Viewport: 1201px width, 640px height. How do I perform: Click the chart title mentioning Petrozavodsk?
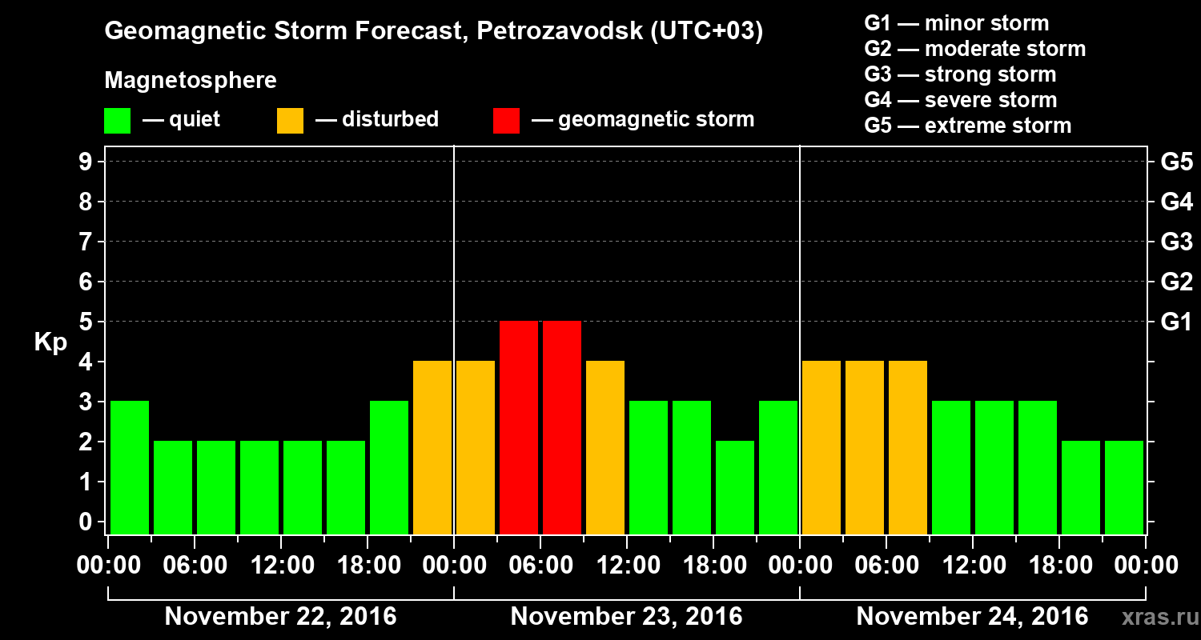[x=433, y=32]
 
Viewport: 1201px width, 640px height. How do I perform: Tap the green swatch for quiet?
[x=117, y=121]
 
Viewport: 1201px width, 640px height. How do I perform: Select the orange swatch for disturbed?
[x=290, y=121]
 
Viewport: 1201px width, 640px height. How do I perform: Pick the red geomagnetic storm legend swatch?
[x=506, y=121]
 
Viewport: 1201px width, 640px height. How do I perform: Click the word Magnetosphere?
[x=191, y=81]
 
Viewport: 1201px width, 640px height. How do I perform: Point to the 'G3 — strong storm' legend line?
[x=960, y=74]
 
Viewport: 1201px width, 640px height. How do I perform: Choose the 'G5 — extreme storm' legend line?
[x=967, y=126]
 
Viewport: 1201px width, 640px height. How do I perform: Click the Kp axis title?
[x=50, y=343]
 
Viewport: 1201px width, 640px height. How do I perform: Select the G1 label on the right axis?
[x=1176, y=322]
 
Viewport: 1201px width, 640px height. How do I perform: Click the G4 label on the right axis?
[x=1176, y=202]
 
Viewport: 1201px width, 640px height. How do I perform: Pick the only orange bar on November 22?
[x=432, y=447]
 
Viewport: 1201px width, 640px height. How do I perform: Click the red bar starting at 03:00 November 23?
[x=519, y=427]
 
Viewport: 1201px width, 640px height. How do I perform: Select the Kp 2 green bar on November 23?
[x=735, y=487]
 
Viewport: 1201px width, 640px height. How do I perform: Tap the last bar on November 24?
[x=1124, y=487]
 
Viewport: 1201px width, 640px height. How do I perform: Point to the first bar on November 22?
[x=130, y=467]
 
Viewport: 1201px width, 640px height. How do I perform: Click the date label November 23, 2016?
[x=626, y=617]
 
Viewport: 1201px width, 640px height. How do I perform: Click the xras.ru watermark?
[x=1158, y=618]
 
